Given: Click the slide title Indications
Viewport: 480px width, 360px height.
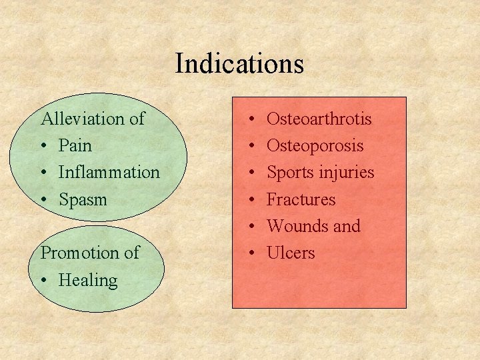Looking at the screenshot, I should pyautogui.click(x=239, y=64).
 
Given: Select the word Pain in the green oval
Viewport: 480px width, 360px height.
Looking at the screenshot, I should pyautogui.click(x=75, y=146).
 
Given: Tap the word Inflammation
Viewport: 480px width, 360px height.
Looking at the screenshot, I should pyautogui.click(x=109, y=173).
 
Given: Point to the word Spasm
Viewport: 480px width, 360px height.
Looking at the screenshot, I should pyautogui.click(x=83, y=199).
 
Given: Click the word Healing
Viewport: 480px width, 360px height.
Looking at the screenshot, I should pyautogui.click(x=87, y=280).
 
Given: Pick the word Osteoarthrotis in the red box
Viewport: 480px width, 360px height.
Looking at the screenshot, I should pyautogui.click(x=319, y=119).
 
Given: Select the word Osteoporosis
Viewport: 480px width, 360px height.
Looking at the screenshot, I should pyautogui.click(x=315, y=146).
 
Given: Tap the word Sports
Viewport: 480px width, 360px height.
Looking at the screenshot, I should pyautogui.click(x=288, y=173).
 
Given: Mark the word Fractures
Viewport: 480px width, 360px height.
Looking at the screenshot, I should pyautogui.click(x=301, y=199).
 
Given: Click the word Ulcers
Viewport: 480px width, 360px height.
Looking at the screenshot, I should pyautogui.click(x=291, y=253).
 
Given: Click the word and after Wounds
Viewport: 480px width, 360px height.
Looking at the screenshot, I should pyautogui.click(x=347, y=226).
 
